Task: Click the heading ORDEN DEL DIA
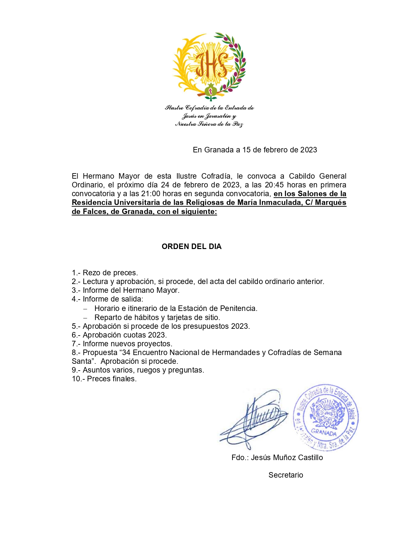tap(192, 246)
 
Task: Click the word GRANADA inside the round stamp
tap(324, 432)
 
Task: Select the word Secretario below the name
tap(286, 475)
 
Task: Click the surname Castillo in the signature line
tap(310, 458)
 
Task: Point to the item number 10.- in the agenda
tap(78, 379)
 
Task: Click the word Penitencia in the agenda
tap(239, 308)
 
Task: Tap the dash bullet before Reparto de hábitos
tap(85, 318)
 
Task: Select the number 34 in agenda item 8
tap(126, 352)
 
